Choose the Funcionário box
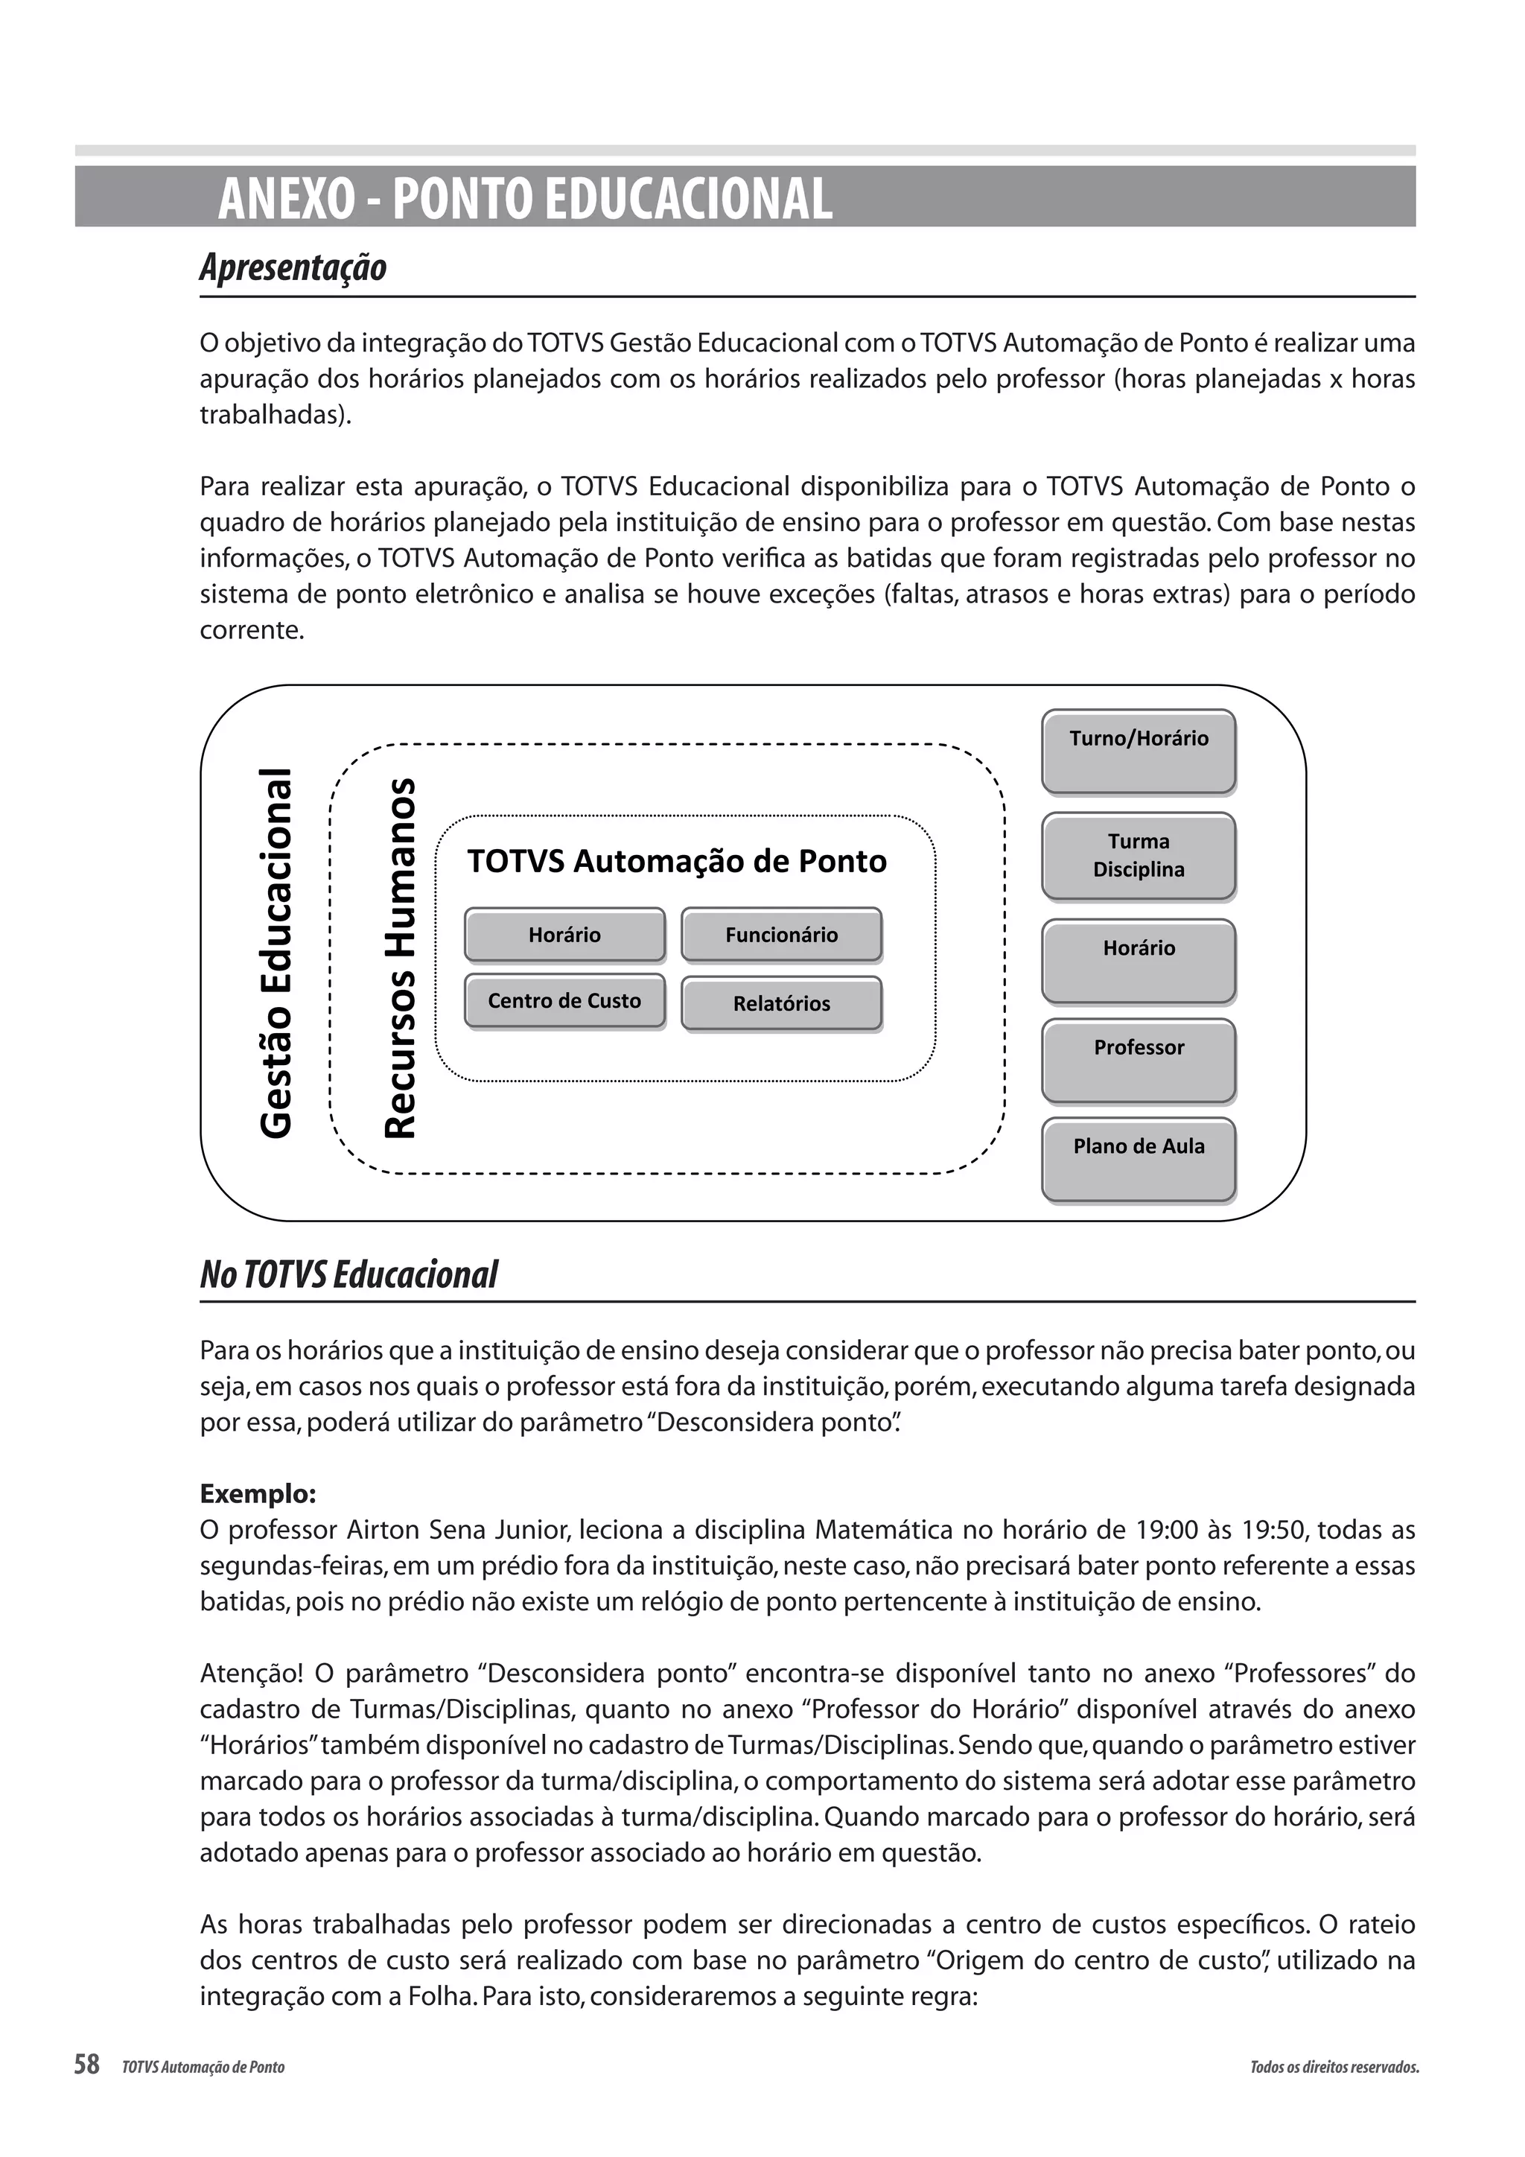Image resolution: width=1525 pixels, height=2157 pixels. tap(781, 935)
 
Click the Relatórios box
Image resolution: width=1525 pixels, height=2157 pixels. tap(781, 1003)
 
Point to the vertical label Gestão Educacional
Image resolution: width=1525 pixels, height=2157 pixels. tap(276, 953)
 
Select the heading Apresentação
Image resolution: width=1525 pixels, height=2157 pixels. tap(293, 267)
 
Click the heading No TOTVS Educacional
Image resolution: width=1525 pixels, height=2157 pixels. tap(348, 1275)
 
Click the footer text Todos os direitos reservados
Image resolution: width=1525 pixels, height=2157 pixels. tap(1334, 2067)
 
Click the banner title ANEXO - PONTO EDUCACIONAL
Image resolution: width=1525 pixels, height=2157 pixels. tap(525, 199)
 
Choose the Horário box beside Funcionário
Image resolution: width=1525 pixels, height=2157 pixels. tap(564, 935)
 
